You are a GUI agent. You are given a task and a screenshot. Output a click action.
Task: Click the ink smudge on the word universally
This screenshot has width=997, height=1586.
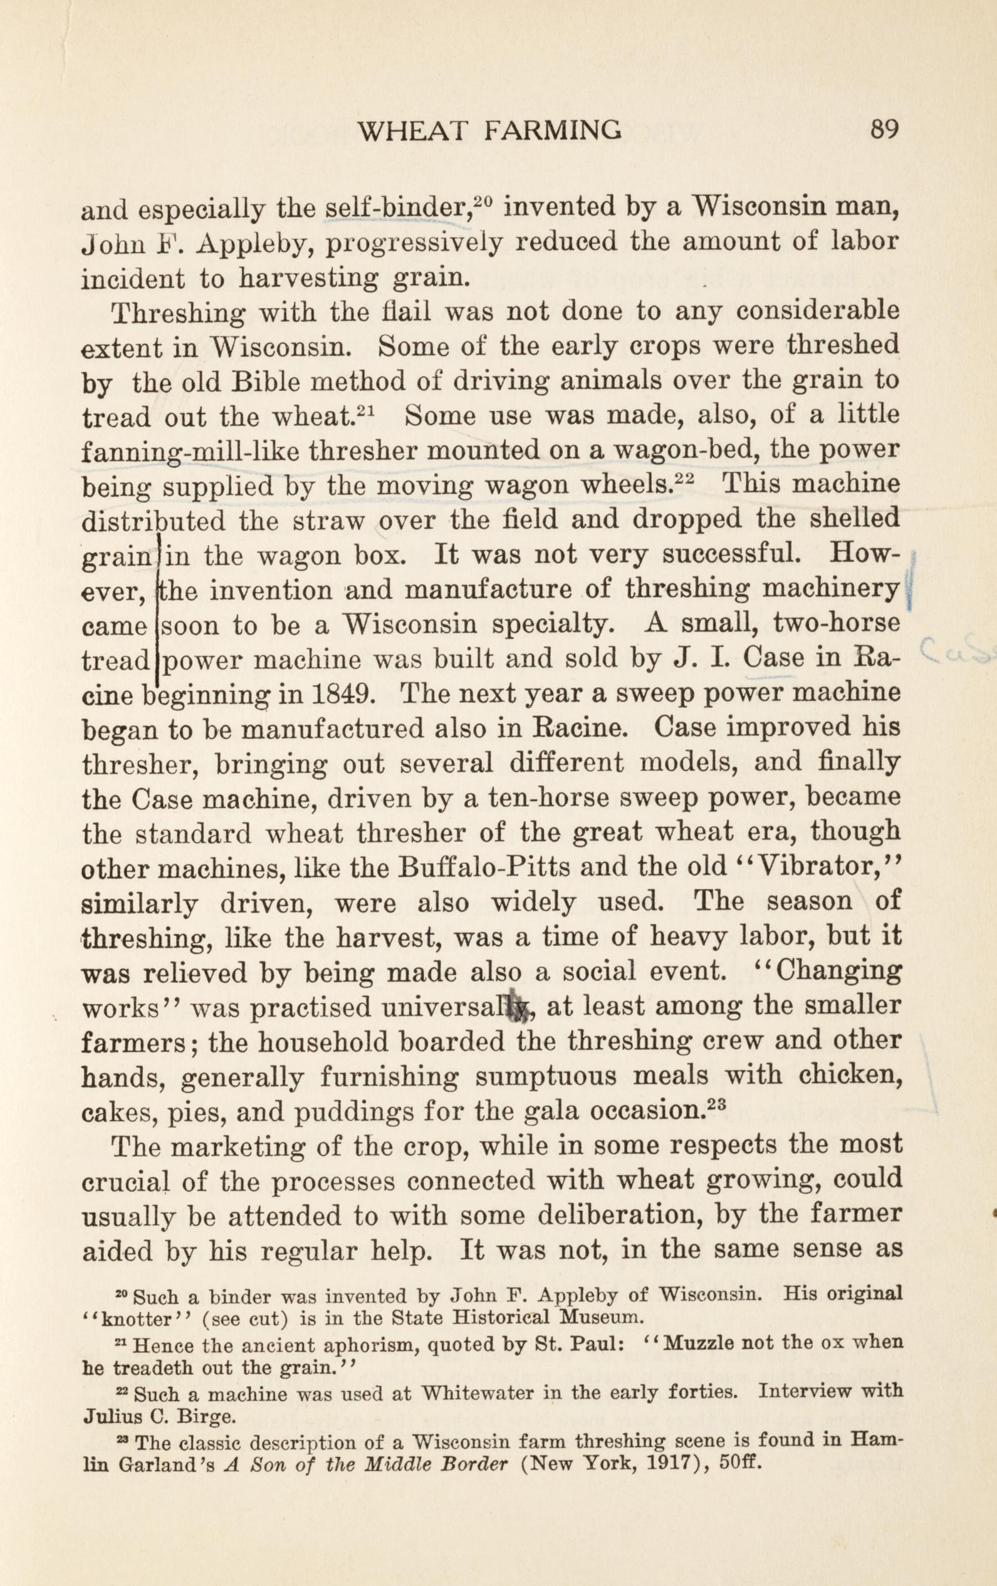[x=521, y=1009]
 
